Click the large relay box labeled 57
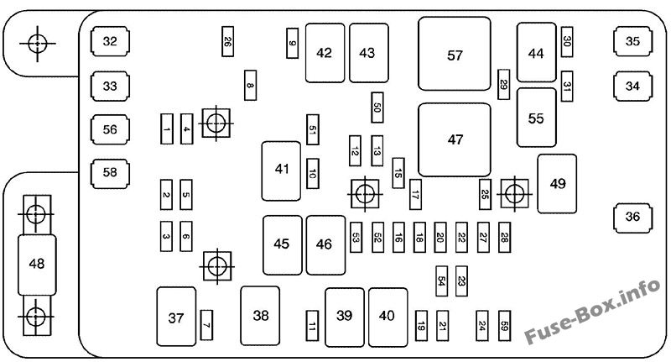[x=455, y=55]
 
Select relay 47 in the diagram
[x=455, y=139]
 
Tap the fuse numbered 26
[x=228, y=41]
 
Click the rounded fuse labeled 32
[x=111, y=40]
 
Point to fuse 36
[x=632, y=216]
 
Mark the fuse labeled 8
[x=250, y=84]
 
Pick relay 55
[x=536, y=118]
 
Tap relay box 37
[x=175, y=317]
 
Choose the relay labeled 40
[x=387, y=316]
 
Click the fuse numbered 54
[x=441, y=281]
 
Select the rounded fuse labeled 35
[x=632, y=40]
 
